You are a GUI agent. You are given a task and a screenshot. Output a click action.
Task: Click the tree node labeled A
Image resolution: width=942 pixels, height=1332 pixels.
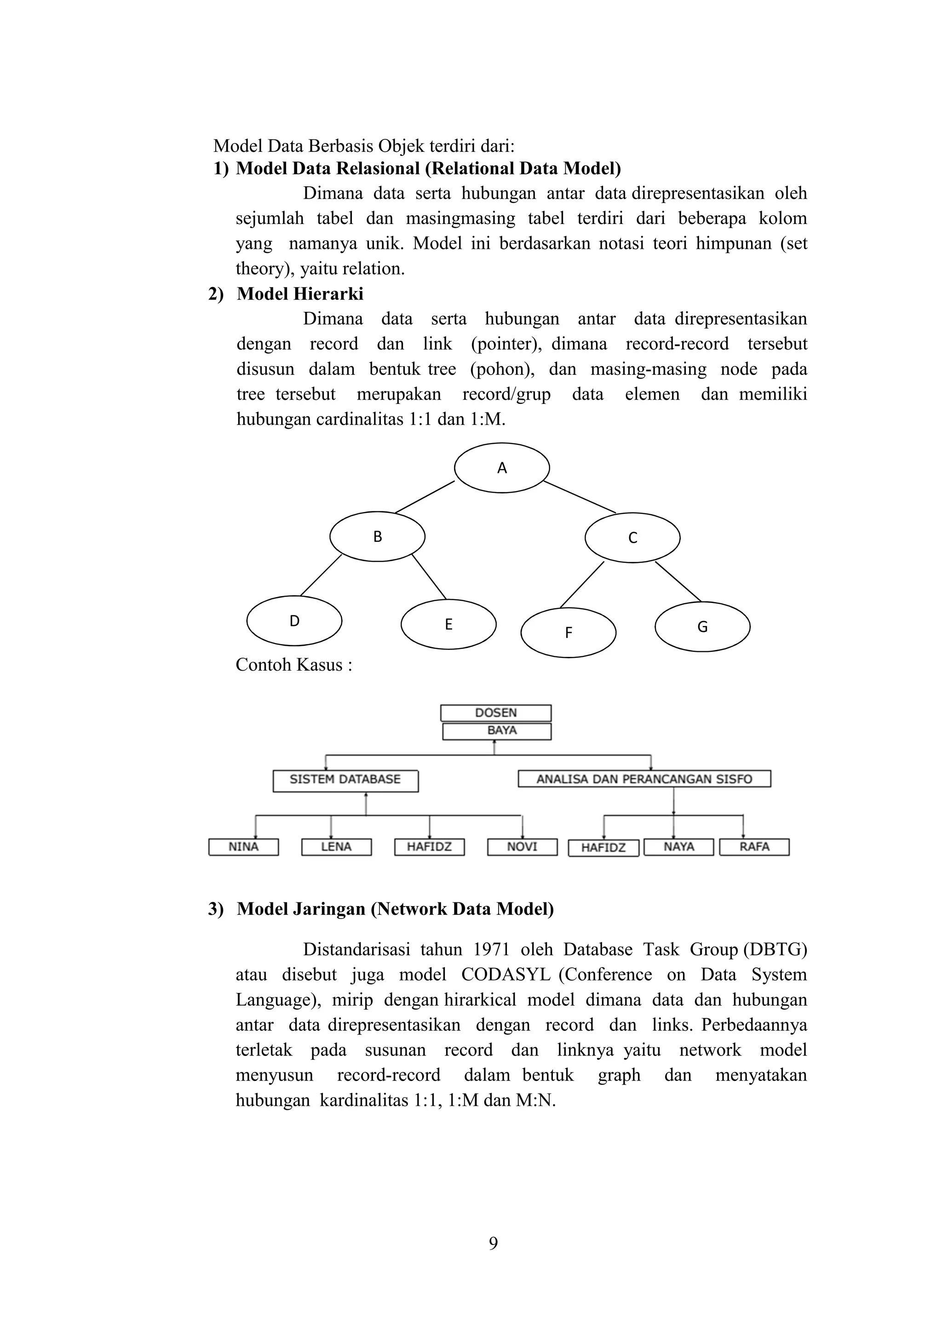[x=501, y=468]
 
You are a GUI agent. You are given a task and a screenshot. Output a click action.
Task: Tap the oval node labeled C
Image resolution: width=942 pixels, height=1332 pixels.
[x=632, y=537]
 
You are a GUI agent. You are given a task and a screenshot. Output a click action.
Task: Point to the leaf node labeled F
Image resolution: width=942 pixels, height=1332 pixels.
[x=568, y=632]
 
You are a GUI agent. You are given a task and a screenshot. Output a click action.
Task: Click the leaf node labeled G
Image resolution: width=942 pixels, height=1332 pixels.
[x=702, y=626]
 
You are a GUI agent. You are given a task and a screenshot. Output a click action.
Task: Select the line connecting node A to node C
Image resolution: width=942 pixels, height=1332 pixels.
[x=579, y=497]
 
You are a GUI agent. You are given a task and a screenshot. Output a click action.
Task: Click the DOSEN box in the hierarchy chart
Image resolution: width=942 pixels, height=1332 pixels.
[x=495, y=712]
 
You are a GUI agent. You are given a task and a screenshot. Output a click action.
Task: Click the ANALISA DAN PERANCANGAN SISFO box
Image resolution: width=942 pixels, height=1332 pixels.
[x=644, y=779]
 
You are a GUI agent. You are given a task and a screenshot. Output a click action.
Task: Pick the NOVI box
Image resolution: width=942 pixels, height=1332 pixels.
[x=522, y=847]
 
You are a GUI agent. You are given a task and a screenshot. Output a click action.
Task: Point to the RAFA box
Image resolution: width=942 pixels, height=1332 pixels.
[x=754, y=847]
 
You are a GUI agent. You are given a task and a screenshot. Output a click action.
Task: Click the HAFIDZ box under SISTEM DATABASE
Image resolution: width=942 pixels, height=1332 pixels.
[x=429, y=847]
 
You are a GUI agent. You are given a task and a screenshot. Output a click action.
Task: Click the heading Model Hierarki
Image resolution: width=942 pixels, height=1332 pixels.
[x=300, y=294]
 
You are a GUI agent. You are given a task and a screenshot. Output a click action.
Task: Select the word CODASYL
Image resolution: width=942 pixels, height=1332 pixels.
[x=506, y=975]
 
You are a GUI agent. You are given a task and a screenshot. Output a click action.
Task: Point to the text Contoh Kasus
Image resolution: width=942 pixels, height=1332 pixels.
[x=293, y=664]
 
